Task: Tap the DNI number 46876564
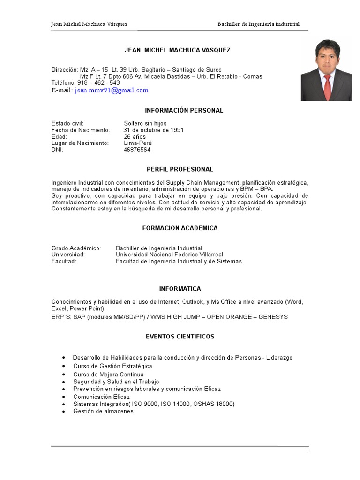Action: point(137,150)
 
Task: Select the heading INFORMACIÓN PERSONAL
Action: point(178,110)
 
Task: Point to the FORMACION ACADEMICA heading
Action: point(180,228)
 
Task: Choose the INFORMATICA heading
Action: point(180,289)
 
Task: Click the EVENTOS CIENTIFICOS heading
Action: point(180,337)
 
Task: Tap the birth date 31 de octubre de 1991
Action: point(153,130)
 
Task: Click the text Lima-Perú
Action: point(138,143)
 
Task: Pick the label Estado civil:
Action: point(67,123)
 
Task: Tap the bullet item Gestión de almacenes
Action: point(104,411)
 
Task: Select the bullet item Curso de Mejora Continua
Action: point(109,375)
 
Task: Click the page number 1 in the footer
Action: point(307,452)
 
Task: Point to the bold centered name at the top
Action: point(177,50)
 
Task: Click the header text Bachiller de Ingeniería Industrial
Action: point(258,24)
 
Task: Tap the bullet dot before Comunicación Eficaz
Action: point(64,397)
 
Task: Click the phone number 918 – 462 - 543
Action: point(98,82)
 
